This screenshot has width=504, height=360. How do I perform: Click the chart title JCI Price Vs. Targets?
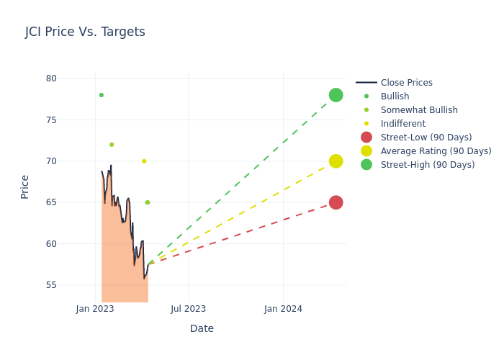tap(85, 32)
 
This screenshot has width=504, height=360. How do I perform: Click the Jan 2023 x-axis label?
tap(95, 310)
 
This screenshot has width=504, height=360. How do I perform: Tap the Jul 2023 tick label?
tap(188, 310)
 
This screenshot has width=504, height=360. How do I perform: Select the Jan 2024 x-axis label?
tap(283, 310)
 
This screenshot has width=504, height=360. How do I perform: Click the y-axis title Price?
tap(25, 186)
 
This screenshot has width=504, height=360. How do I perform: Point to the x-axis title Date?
tap(202, 329)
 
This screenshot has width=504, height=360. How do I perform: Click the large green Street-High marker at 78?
tap(336, 95)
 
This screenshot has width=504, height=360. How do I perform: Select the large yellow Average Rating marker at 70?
tap(336, 161)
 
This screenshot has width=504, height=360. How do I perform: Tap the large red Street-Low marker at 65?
tap(336, 202)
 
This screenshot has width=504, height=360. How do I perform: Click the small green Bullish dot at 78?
tap(101, 95)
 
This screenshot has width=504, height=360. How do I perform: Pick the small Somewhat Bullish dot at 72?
tap(112, 145)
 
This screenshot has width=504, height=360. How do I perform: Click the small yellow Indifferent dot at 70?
tap(144, 161)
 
